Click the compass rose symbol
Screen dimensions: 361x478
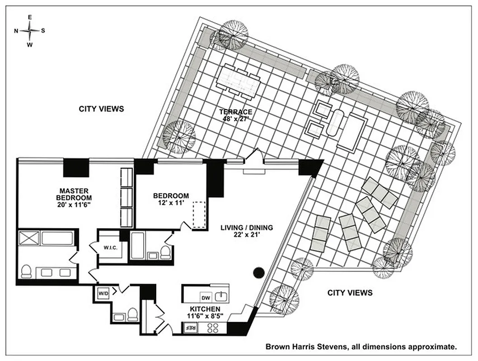pos(30,31)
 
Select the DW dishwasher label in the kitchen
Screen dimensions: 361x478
pos(206,297)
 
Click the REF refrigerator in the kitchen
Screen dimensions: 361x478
pos(191,328)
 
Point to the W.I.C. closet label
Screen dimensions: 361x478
pos(111,247)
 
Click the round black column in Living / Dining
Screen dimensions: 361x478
pos(258,272)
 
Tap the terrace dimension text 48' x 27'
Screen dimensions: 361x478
pos(236,119)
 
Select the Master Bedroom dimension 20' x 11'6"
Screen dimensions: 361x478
pos(74,204)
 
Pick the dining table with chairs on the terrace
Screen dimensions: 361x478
pos(239,81)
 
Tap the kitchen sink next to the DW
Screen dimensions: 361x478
pos(220,296)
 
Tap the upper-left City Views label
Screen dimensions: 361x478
pos(101,109)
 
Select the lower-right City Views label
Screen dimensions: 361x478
pos(350,293)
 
